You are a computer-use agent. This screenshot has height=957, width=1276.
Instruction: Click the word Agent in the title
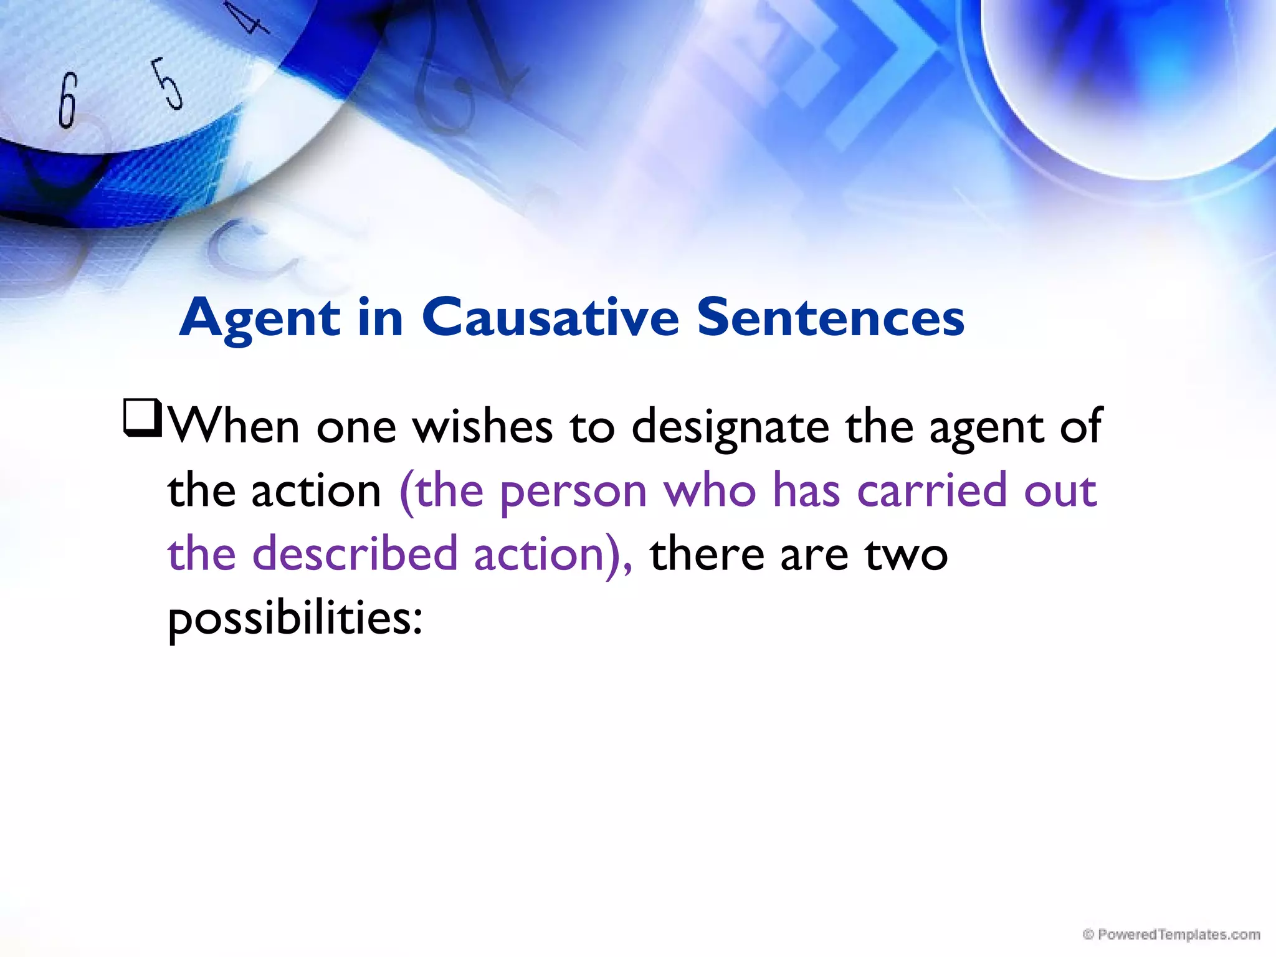(260, 318)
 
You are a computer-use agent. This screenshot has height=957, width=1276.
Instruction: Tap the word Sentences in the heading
(831, 317)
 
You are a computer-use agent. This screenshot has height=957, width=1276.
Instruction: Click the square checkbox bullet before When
(143, 419)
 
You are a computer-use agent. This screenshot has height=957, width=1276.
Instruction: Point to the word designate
(730, 429)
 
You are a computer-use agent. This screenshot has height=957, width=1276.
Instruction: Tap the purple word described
(355, 554)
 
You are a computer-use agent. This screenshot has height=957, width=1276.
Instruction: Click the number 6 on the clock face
(67, 100)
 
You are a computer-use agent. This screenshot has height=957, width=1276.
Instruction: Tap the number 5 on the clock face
(168, 83)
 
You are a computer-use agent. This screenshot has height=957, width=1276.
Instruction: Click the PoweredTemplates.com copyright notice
(1171, 935)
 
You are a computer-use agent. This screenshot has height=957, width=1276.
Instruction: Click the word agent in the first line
(986, 429)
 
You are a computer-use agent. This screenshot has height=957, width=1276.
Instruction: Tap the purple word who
(710, 490)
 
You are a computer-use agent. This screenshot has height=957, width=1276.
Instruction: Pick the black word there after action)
(707, 554)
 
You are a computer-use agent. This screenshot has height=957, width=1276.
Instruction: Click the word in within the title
(381, 317)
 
